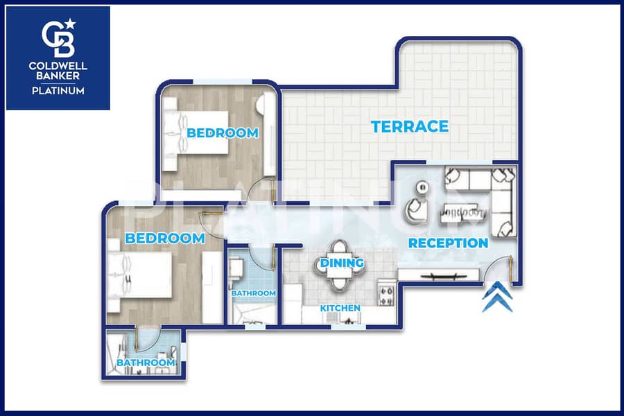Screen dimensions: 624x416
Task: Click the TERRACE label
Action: pos(410,127)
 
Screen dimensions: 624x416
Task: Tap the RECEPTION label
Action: pos(448,243)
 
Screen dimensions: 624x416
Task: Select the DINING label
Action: pos(342,263)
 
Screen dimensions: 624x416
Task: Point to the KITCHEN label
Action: pos(340,308)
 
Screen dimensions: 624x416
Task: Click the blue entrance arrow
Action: pos(497,297)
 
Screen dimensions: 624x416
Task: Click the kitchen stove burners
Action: pos(386,295)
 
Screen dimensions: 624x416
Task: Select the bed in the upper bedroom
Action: pos(196,132)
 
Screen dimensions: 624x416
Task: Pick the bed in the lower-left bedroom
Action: pos(140,275)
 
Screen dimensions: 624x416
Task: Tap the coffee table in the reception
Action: pos(463,213)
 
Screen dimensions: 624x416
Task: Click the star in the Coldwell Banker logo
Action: pos(71,24)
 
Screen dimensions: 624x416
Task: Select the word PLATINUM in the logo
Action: pos(58,91)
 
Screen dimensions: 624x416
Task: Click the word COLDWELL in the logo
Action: pos(58,66)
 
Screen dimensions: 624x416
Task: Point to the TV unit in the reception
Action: pos(439,275)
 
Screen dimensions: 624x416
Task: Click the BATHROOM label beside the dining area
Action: pos(254,293)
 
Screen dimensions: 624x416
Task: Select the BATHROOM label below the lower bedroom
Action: pos(146,363)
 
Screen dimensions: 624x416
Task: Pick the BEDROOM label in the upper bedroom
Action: pos(223,133)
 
